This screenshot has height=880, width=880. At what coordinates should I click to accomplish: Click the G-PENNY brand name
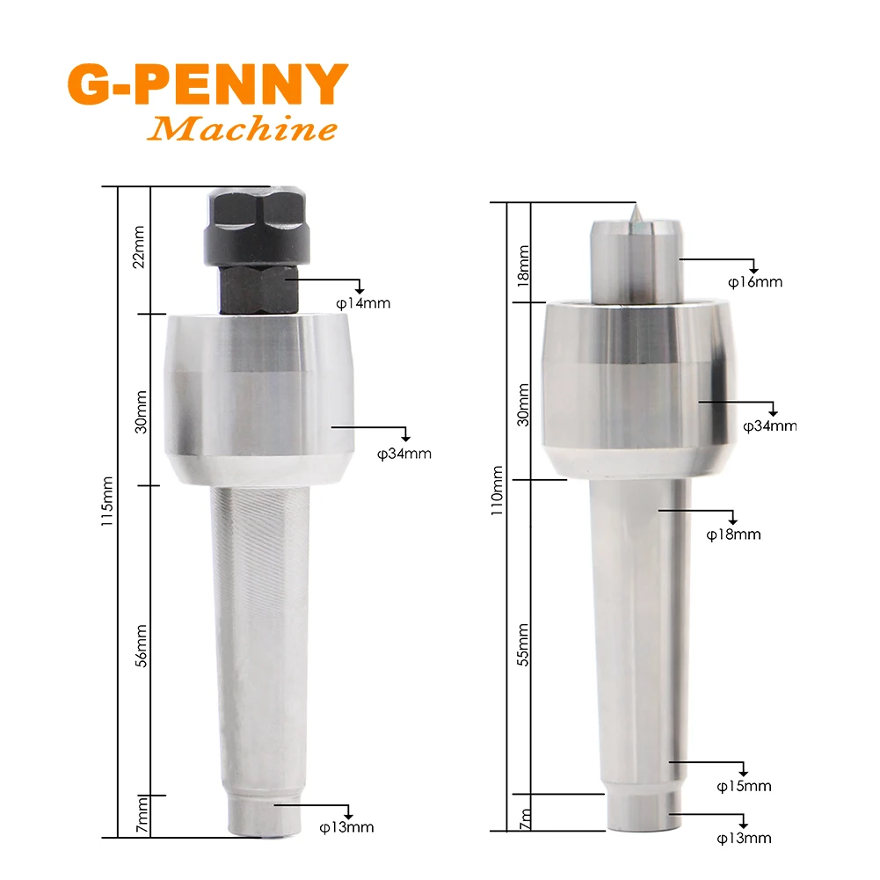(x=207, y=84)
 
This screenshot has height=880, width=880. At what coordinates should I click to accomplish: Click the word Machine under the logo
(x=242, y=128)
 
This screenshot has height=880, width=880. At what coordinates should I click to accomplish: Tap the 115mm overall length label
(x=106, y=501)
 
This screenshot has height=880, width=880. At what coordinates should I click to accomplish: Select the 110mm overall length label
(x=497, y=491)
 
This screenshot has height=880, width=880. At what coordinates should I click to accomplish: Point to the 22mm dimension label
(x=139, y=247)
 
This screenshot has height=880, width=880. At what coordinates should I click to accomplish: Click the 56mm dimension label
(x=142, y=645)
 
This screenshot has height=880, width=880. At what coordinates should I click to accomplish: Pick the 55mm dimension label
(x=523, y=644)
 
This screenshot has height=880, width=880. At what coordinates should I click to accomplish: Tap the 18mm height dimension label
(x=523, y=266)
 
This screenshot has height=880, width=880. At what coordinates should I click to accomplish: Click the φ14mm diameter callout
(x=363, y=303)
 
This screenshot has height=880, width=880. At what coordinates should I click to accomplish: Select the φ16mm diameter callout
(x=755, y=281)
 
